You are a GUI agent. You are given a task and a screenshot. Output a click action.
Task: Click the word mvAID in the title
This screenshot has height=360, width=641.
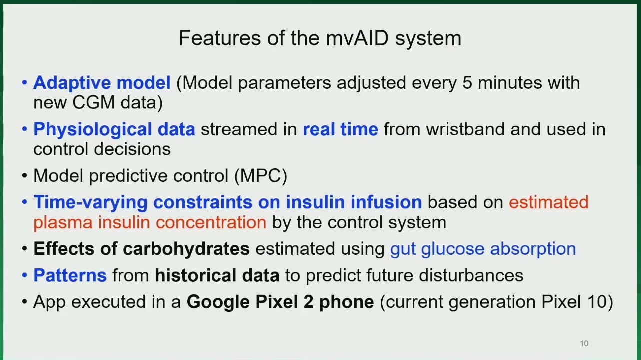357,38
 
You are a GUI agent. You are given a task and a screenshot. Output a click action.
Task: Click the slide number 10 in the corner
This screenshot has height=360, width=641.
584,343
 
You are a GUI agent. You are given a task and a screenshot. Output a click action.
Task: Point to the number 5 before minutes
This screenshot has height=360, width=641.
467,83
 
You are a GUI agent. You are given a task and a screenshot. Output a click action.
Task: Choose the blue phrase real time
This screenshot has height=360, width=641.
341,129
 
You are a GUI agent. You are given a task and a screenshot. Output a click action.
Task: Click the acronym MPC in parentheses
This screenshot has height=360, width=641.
260,175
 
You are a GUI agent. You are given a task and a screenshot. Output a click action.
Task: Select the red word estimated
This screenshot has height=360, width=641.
549,202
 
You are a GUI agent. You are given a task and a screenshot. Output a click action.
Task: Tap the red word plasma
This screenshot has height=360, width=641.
63,223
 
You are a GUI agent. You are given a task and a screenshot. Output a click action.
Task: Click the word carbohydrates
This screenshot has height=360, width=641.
186,248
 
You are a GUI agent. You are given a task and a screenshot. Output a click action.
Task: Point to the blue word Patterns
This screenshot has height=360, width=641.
70,275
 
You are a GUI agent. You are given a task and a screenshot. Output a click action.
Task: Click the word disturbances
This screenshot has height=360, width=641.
471,275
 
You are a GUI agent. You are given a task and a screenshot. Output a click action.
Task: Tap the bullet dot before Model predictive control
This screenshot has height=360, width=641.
25,176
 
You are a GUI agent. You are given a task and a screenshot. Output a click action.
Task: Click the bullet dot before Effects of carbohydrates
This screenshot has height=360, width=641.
25,249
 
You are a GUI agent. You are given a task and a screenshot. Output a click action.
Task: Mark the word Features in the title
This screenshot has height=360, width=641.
220,38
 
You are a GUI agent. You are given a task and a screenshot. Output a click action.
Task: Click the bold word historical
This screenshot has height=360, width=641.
195,275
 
